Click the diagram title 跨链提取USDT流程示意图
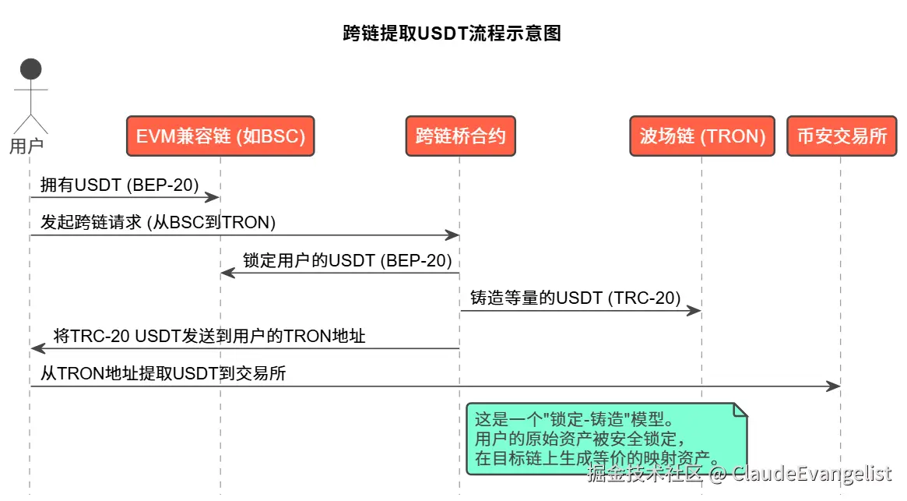452,34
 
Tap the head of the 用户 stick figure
30,69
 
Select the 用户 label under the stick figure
26,146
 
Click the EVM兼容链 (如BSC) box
220,136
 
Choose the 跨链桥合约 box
460,136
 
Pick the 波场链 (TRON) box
702,136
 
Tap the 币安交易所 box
842,136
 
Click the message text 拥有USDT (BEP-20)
120,184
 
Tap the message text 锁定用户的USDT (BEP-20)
347,260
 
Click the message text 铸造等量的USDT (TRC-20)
575,298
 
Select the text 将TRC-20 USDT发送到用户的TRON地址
209,336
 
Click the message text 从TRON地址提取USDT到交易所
163,373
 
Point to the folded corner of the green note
740,410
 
